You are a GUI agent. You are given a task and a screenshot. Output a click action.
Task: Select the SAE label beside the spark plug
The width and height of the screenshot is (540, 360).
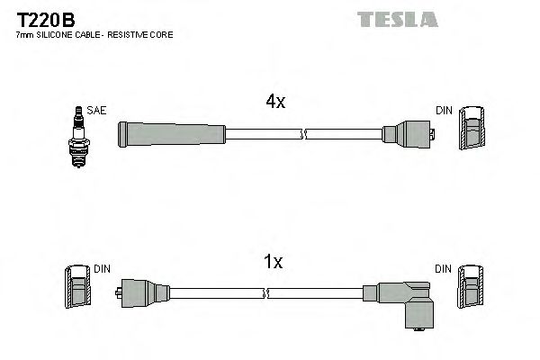[x=97, y=110]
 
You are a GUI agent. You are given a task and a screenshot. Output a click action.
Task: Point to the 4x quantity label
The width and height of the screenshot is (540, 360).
[x=275, y=103]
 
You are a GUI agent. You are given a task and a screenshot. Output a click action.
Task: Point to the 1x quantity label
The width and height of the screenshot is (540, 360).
[x=274, y=262]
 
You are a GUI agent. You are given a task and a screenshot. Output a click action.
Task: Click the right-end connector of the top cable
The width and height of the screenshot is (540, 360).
[x=409, y=135]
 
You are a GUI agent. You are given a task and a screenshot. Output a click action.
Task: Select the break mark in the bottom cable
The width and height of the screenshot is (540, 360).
[x=268, y=293]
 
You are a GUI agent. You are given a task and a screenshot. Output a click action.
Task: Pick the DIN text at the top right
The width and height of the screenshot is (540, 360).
[x=444, y=110]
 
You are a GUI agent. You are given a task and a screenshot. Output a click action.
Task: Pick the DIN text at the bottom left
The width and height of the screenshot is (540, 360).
[x=102, y=268]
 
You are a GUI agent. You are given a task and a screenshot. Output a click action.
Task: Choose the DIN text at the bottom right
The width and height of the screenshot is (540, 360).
[x=444, y=268]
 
